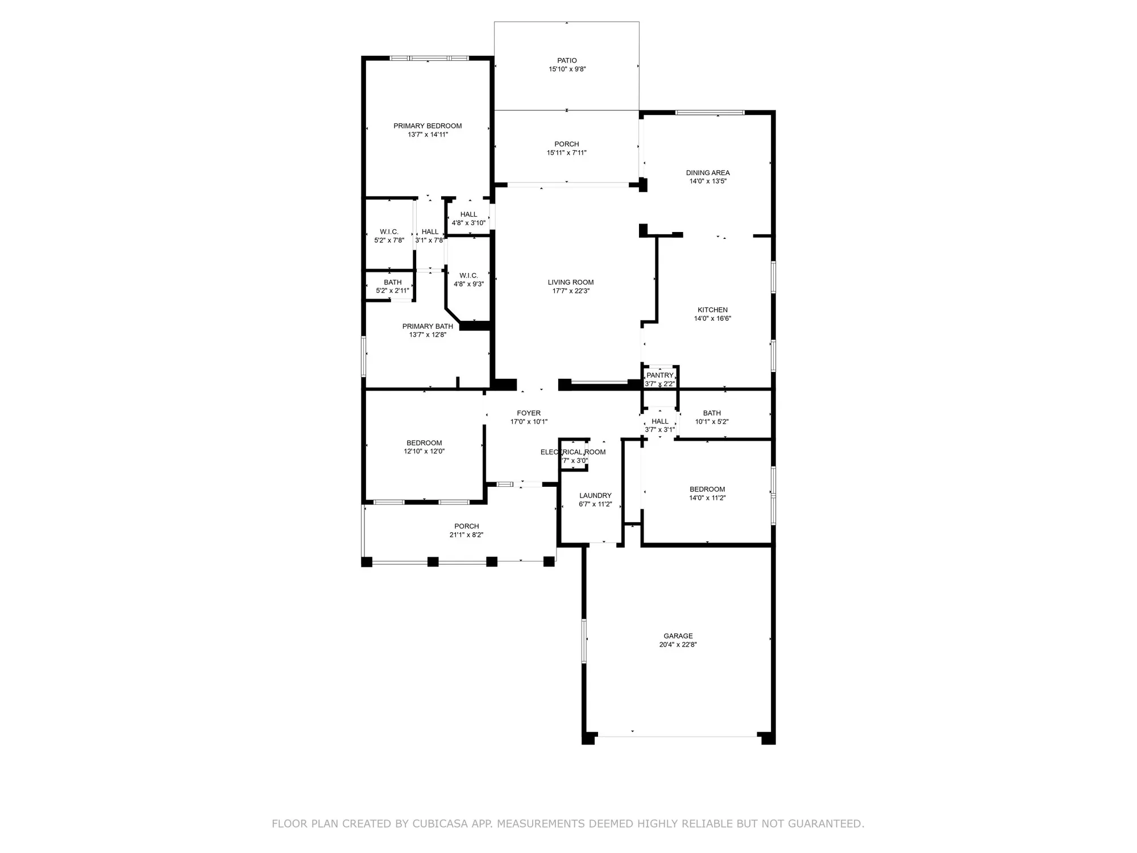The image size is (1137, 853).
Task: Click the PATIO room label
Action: pos(567,60)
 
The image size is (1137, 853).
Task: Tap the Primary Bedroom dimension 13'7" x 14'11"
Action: pos(428,135)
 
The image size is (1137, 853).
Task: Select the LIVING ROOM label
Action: pos(571,282)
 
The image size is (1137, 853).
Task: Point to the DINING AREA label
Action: pos(708,173)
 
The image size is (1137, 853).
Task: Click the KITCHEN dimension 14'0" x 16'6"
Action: pos(712,319)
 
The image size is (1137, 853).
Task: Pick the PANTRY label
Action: pos(659,375)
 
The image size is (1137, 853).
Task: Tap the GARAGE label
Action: pos(678,636)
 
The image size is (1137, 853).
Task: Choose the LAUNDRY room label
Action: pos(595,495)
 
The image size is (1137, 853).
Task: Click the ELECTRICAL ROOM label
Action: pos(573,452)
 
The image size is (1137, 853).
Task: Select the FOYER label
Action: pos(529,413)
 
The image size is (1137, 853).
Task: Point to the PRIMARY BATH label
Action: pos(428,326)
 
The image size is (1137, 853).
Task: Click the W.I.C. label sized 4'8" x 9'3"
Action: pos(468,275)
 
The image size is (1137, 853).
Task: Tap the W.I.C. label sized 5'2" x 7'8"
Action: pos(389,231)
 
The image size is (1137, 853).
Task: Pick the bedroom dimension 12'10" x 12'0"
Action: pos(424,452)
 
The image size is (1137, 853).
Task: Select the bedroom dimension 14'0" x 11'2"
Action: pos(707,498)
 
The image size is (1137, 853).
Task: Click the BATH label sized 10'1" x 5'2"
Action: pos(712,413)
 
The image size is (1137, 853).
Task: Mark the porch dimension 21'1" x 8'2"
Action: pos(466,535)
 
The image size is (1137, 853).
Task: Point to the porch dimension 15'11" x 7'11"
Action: pos(567,153)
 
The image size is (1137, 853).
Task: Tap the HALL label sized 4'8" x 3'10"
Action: pos(468,214)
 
